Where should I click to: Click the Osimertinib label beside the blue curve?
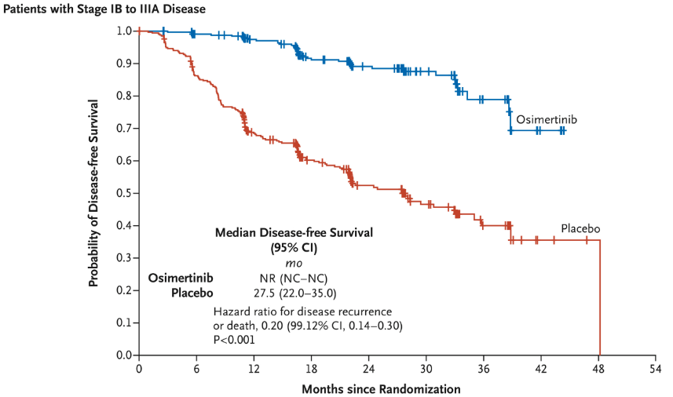click(547, 119)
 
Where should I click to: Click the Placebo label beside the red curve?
click(580, 228)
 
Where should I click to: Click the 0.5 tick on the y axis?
click(124, 193)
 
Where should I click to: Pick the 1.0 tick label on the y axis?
click(124, 31)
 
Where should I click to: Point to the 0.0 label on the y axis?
click(124, 355)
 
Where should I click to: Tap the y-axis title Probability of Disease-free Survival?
click(93, 193)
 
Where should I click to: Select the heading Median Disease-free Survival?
click(294, 232)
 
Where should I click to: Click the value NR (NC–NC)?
click(294, 278)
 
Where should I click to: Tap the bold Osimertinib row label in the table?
click(181, 278)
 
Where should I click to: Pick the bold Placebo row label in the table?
click(192, 293)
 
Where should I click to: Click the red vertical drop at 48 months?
click(600, 298)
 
